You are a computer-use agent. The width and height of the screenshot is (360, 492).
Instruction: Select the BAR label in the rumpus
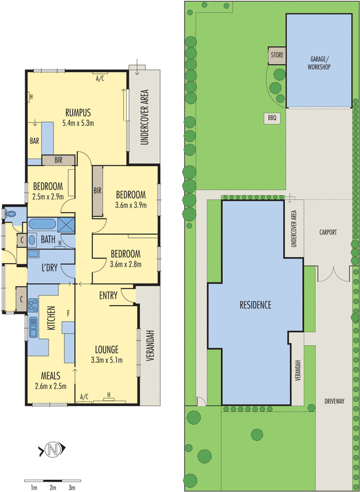pyautogui.click(x=34, y=140)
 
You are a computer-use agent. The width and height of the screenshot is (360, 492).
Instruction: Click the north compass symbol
pyautogui.click(x=53, y=450)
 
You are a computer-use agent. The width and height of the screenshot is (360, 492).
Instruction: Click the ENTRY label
pyautogui.click(x=108, y=296)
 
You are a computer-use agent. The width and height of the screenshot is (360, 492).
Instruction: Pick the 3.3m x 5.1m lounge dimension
pyautogui.click(x=107, y=360)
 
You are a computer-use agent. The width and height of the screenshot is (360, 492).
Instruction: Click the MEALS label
pyautogui.click(x=51, y=376)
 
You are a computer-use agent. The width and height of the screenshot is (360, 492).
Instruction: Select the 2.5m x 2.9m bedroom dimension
pyautogui.click(x=47, y=197)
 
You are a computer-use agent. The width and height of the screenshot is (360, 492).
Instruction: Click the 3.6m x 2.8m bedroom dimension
pyautogui.click(x=125, y=264)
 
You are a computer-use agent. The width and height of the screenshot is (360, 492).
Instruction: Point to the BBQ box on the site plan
pyautogui.click(x=272, y=117)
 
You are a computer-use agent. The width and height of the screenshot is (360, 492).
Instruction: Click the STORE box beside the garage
pyautogui.click(x=276, y=57)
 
